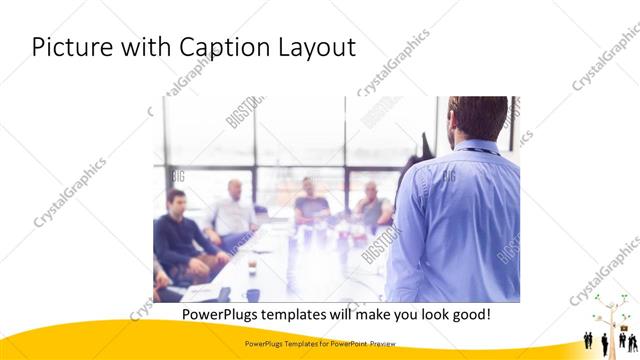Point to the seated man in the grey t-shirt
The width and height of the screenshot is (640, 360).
tap(311, 204)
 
